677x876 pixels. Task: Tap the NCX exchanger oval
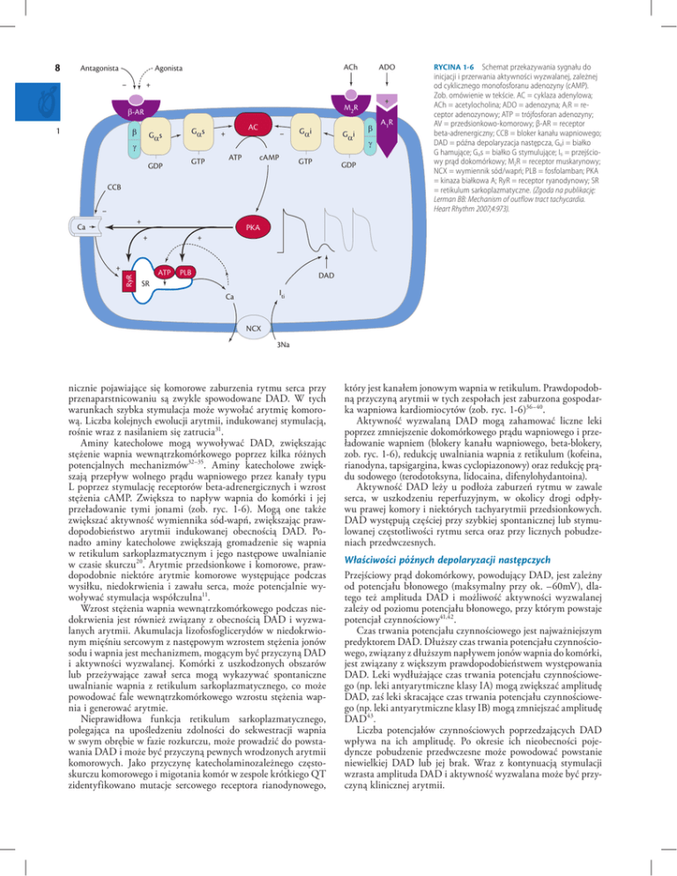254,330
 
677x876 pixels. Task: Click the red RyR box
128,257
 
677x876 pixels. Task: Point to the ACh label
351,67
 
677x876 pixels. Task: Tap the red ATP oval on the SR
162,249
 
